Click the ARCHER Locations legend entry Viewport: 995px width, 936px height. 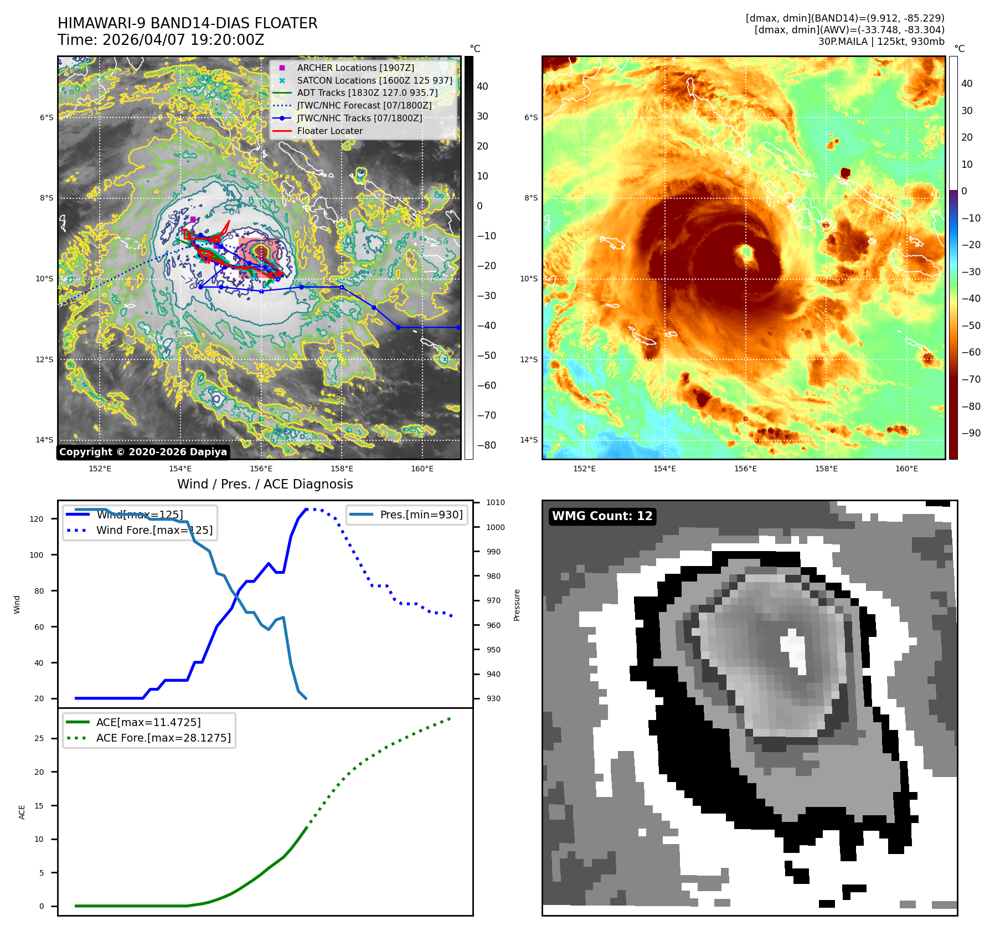pyautogui.click(x=355, y=68)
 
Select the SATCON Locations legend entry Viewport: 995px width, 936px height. pyautogui.click(x=374, y=80)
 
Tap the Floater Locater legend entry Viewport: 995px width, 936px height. pyautogui.click(x=329, y=131)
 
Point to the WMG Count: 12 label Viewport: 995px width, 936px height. pyautogui.click(x=602, y=516)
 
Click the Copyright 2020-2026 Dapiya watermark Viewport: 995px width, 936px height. pyautogui.click(x=143, y=452)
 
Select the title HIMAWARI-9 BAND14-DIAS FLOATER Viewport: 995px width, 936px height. pyautogui.click(x=187, y=23)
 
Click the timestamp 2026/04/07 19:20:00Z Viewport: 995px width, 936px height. pyautogui.click(x=183, y=40)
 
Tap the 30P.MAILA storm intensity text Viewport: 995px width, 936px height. pyautogui.click(x=881, y=42)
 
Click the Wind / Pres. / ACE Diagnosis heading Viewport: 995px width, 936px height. pyautogui.click(x=265, y=484)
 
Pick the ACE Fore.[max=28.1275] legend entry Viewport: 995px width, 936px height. pyautogui.click(x=163, y=738)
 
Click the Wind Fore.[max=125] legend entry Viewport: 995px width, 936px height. pyautogui.click(x=154, y=530)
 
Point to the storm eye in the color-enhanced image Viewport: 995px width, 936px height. pyautogui.click(x=746, y=254)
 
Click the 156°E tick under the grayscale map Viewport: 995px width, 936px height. pyautogui.click(x=261, y=469)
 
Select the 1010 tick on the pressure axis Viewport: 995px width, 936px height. pyautogui.click(x=496, y=503)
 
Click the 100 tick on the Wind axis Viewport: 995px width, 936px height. pyautogui.click(x=36, y=555)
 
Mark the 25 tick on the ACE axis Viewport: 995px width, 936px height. pyautogui.click(x=39, y=738)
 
